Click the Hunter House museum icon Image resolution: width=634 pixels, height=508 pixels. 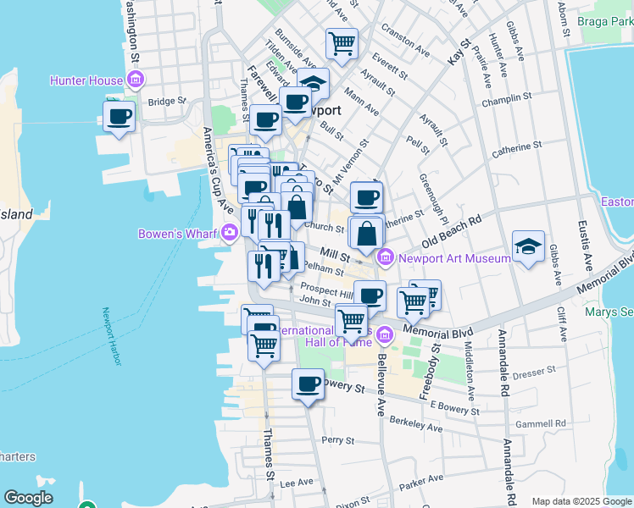coord(136,80)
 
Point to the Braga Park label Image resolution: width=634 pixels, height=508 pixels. coord(604,20)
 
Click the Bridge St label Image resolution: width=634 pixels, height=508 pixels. coord(166,102)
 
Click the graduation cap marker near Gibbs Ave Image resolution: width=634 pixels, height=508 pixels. coord(529,246)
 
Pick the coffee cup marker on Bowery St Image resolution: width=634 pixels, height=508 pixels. coord(308,384)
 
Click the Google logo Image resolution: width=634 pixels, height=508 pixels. coord(28,498)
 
